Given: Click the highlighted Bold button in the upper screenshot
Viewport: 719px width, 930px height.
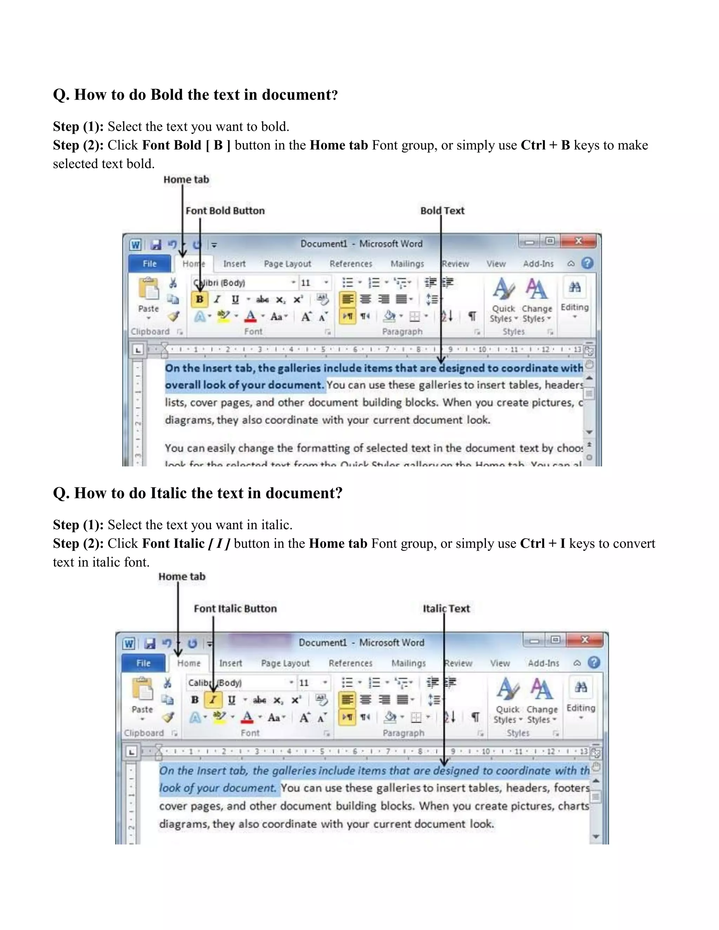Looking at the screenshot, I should (x=199, y=299).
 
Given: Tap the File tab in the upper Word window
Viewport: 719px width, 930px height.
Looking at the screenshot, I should (x=150, y=264).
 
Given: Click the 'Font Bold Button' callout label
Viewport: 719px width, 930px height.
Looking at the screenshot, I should (x=225, y=211).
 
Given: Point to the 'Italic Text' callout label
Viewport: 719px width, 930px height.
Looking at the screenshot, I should (x=446, y=609).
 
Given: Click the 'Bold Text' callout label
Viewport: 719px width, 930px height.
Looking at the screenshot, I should (x=442, y=211).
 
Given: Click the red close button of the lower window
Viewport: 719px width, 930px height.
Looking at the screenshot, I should (x=585, y=639).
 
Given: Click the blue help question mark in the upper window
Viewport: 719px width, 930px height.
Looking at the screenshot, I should (x=587, y=263).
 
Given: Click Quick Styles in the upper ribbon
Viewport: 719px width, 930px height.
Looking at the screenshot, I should (x=503, y=300).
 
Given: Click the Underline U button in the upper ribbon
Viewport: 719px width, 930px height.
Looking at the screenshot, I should (x=235, y=299).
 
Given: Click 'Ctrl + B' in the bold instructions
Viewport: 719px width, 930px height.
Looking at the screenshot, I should (x=545, y=145).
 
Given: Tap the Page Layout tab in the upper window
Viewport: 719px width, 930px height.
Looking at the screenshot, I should (x=288, y=264).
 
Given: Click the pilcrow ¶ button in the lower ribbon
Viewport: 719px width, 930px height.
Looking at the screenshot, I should (x=475, y=717).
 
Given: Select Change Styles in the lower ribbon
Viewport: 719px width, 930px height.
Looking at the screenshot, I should (x=542, y=701).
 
